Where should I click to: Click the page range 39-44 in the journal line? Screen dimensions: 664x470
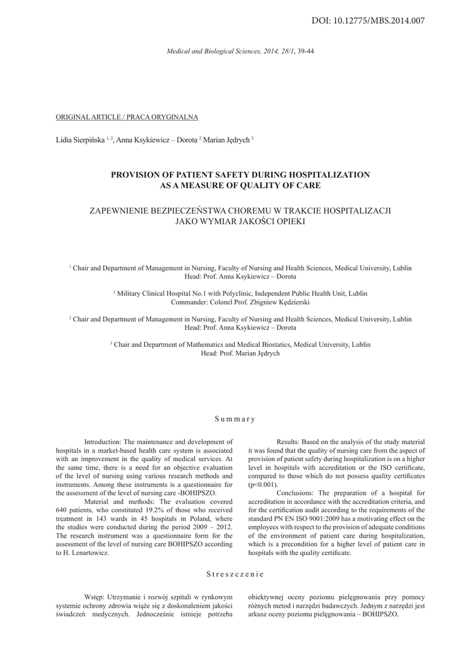coord(305,50)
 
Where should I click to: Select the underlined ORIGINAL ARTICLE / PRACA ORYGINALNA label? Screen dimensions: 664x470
coord(127,117)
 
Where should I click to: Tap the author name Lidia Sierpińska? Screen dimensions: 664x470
coord(80,140)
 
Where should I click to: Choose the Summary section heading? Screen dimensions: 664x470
coord(235,419)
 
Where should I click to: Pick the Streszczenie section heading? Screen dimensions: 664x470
coord(235,573)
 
